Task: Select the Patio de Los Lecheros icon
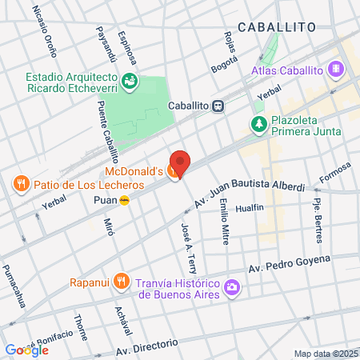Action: point(20,185)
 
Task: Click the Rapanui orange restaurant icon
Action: point(121,281)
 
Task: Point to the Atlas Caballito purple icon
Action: point(336,69)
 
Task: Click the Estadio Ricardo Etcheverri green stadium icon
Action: point(128,80)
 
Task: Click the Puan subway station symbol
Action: point(124,201)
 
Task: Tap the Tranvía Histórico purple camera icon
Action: point(231,286)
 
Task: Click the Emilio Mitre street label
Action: point(225,219)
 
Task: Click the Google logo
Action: point(26,350)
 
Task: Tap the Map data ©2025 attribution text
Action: point(326,354)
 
